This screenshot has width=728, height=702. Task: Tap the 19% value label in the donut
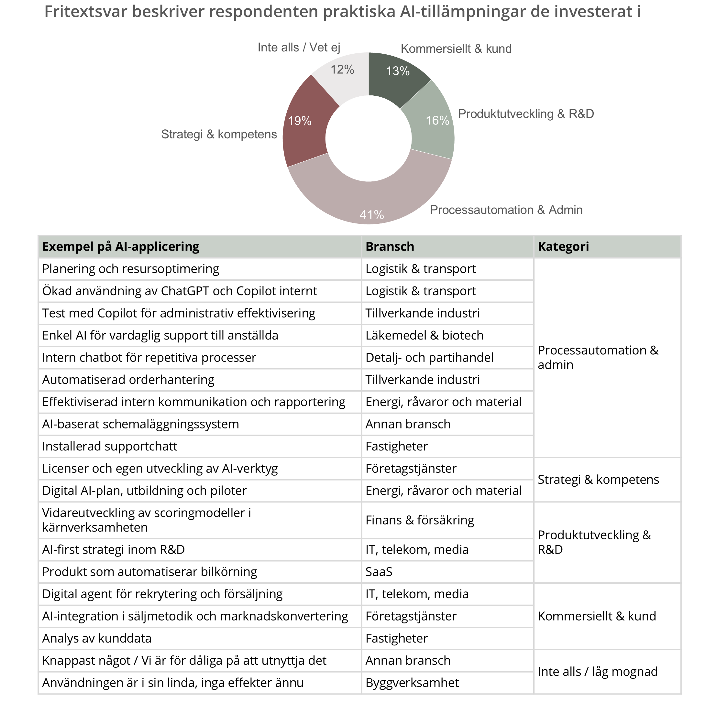(300, 121)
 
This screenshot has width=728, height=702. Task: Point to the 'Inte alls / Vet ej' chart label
(299, 48)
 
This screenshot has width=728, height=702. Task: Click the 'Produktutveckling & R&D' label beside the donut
(526, 114)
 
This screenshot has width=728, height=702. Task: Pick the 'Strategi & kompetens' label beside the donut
(219, 135)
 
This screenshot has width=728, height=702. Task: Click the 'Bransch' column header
(390, 247)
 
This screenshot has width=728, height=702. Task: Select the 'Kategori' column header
(563, 247)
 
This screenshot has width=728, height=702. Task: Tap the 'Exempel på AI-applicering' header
(121, 247)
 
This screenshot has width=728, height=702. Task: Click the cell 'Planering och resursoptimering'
(131, 269)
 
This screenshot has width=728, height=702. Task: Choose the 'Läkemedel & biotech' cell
(424, 336)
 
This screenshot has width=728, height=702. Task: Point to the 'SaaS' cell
(379, 572)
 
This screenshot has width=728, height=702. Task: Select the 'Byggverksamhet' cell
(412, 683)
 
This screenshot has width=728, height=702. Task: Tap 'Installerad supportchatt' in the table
(110, 447)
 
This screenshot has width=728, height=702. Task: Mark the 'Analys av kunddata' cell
(97, 639)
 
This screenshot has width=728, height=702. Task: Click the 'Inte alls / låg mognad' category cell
(598, 672)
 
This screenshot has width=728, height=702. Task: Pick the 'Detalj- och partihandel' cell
(429, 358)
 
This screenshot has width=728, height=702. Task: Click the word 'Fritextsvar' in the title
(85, 12)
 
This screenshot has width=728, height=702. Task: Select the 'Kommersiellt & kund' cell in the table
(597, 616)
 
